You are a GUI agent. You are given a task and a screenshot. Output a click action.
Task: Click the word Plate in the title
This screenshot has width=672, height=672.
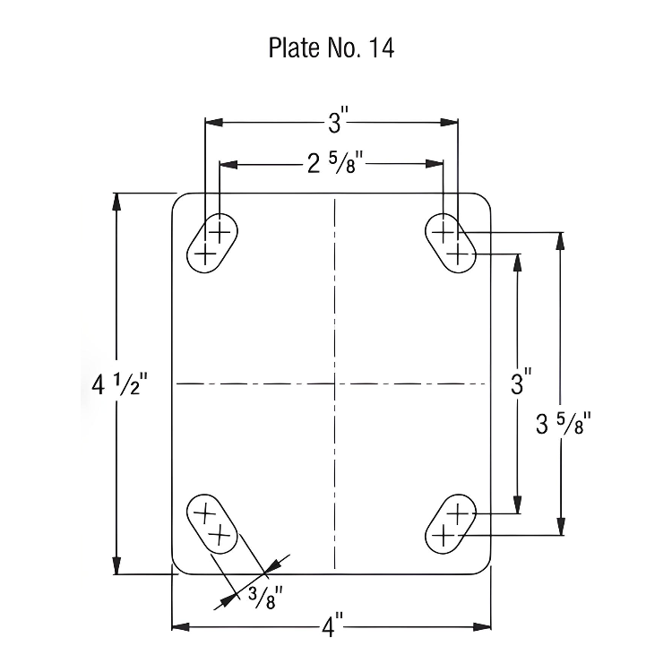pos(290,48)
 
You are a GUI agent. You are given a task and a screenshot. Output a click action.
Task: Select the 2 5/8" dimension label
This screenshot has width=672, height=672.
pos(333,163)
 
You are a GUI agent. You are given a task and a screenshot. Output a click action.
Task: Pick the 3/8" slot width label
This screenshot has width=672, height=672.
pos(265,594)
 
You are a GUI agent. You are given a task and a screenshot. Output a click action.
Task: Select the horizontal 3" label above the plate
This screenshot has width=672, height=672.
pos(333,120)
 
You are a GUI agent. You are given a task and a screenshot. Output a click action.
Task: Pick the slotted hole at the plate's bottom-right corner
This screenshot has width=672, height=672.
pos(450,525)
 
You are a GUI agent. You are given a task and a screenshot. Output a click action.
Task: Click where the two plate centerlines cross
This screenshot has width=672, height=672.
pos(333,383)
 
